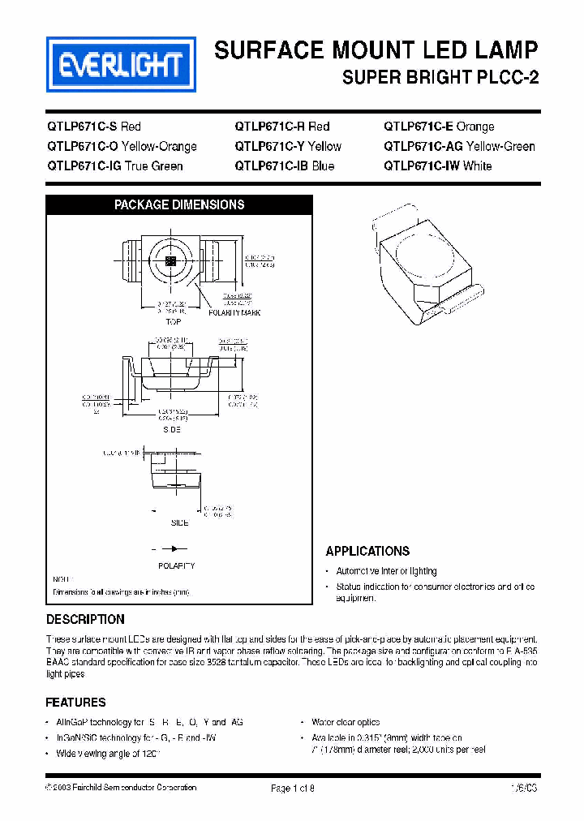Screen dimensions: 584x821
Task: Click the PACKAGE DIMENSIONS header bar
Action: coord(178,205)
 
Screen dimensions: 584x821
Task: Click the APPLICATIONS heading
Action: coord(367,552)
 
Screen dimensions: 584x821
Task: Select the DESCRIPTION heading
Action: coord(85,620)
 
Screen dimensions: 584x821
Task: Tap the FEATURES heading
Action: coord(75,703)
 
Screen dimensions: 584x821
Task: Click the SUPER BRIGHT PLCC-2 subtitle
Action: coord(440,79)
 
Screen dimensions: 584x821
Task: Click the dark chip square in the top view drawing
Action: coord(170,260)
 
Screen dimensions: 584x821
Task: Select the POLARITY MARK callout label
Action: coord(234,312)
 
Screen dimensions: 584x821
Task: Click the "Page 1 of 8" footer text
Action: coord(292,788)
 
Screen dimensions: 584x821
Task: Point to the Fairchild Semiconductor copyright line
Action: coord(122,788)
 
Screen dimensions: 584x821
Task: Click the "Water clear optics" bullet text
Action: coord(346,722)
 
